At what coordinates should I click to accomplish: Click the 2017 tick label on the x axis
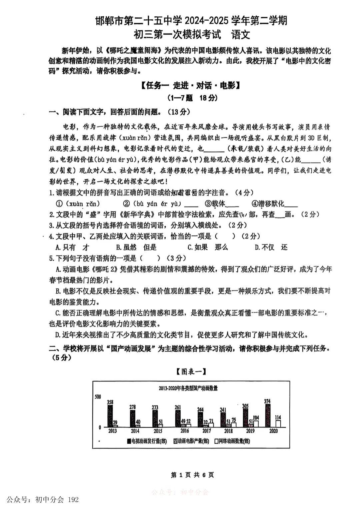click(x=207, y=431)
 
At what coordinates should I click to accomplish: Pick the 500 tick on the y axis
click(x=98, y=397)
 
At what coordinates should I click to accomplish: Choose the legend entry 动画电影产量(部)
click(x=191, y=441)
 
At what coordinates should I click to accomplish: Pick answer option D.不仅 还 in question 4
click(x=271, y=247)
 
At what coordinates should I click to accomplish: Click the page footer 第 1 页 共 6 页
click(x=192, y=475)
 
